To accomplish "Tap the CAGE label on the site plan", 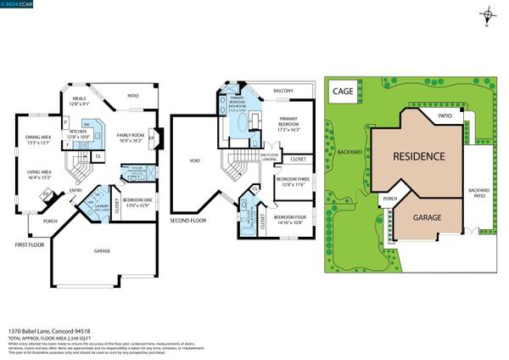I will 344,90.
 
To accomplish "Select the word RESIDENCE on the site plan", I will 417,157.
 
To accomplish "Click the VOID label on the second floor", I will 194,159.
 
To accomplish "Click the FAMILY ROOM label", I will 131,137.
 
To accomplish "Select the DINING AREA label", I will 38,139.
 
